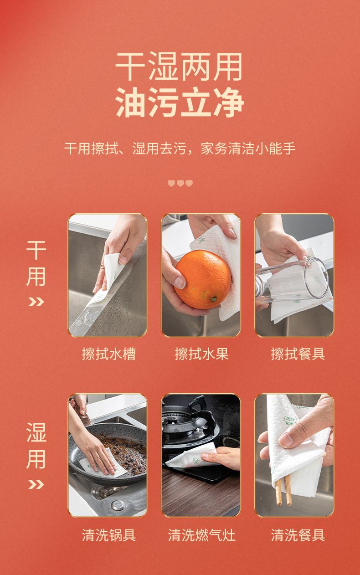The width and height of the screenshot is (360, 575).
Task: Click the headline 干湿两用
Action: tap(179, 66)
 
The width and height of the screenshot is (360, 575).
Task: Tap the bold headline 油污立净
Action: tap(180, 102)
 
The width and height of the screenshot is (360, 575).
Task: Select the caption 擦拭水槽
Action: tap(108, 354)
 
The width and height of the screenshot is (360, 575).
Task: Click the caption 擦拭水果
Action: tap(201, 354)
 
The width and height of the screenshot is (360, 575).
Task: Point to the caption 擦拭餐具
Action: tap(298, 354)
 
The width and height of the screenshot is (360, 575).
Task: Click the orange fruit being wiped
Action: tap(203, 280)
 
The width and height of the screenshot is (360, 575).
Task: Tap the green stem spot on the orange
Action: tap(213, 299)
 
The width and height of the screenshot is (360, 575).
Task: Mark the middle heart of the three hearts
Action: tap(180, 183)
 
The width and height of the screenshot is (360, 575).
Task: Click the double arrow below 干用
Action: tap(36, 302)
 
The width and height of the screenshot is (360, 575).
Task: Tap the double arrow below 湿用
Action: tap(36, 485)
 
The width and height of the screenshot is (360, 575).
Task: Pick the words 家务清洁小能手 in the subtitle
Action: tap(248, 149)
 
